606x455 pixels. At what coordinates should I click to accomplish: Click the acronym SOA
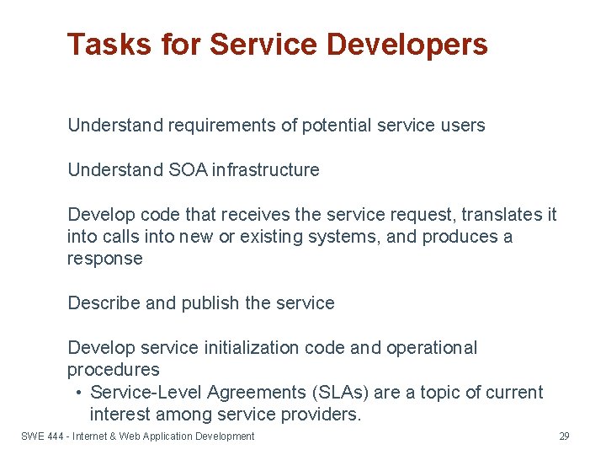coord(186,169)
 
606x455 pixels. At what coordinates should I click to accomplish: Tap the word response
coord(105,259)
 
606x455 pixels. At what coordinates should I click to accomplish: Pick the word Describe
coord(104,302)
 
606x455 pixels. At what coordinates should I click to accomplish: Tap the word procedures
coord(114,370)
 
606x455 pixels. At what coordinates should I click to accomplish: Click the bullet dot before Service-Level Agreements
coord(77,393)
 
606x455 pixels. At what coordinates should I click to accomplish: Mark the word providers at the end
coord(319,415)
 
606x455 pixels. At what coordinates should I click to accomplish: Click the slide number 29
coord(564,436)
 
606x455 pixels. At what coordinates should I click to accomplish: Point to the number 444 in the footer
coord(56,436)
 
